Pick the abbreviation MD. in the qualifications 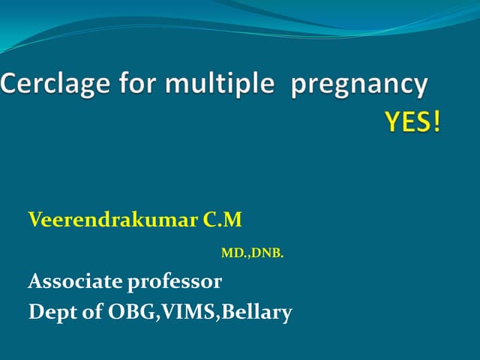point(235,254)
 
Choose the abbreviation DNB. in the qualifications point(267,254)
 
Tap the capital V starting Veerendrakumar point(34,220)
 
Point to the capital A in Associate point(35,282)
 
